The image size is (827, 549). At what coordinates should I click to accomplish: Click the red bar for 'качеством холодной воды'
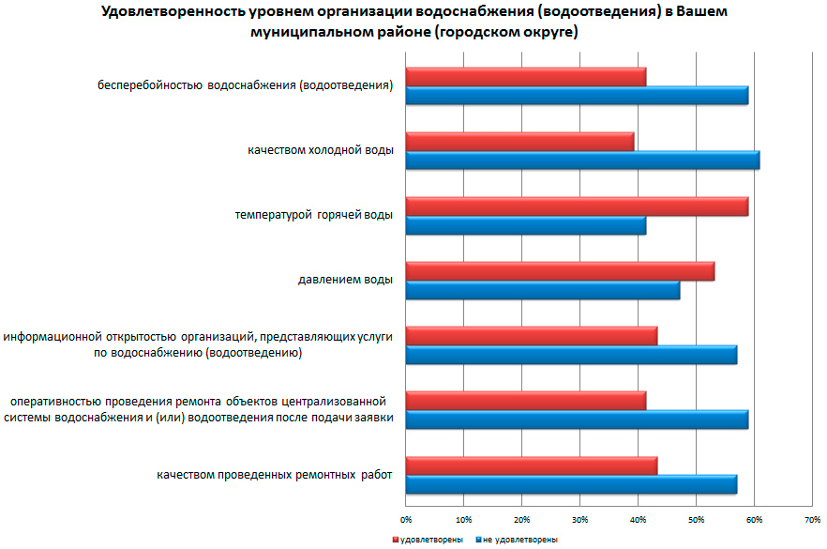(520, 141)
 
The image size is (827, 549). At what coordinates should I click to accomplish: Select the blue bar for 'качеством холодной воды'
(582, 160)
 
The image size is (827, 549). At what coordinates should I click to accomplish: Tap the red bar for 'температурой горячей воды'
(577, 206)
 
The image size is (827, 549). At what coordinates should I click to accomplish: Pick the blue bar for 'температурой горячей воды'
(526, 225)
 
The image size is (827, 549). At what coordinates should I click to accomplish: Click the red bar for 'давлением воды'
(560, 270)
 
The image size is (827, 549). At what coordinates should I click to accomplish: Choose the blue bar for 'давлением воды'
(543, 290)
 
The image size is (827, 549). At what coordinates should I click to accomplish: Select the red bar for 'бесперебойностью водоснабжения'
(526, 77)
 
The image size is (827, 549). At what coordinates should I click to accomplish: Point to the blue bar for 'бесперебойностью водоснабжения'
(577, 96)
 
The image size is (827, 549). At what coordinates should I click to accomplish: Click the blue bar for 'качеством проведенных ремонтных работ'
(571, 484)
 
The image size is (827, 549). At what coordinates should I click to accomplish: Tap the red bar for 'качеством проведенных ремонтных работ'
(532, 465)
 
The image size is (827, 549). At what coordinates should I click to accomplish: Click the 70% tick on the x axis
(812, 518)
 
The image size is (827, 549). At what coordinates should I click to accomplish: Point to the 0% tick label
(406, 518)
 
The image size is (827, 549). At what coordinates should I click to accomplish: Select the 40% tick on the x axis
(638, 518)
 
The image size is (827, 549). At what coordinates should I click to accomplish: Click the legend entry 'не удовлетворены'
(520, 540)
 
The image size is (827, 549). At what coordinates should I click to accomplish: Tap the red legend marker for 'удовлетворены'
(395, 540)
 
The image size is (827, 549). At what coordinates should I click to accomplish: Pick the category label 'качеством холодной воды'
(320, 150)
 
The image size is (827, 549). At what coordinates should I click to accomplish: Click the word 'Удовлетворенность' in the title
(160, 12)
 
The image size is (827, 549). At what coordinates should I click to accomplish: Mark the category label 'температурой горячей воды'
(313, 215)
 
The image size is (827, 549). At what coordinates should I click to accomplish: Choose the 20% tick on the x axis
(522, 518)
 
